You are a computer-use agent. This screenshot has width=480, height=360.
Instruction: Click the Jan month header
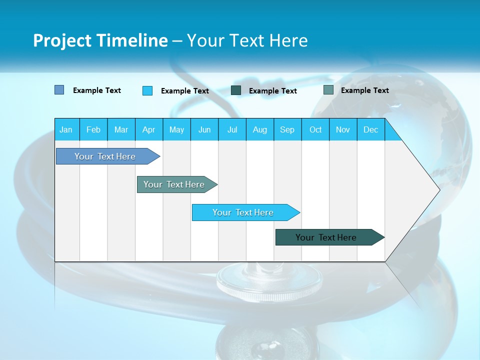click(x=66, y=129)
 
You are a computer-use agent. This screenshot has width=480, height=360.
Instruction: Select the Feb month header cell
click(x=93, y=129)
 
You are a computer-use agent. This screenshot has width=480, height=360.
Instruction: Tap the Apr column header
click(x=149, y=129)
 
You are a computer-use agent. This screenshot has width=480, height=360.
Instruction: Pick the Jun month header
click(x=204, y=129)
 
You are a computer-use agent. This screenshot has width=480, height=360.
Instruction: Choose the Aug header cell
click(x=260, y=129)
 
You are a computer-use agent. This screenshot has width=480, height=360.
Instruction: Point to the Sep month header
click(x=287, y=129)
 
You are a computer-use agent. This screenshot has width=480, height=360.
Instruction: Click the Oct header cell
click(x=315, y=129)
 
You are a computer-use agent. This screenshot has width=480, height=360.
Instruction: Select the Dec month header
click(x=371, y=129)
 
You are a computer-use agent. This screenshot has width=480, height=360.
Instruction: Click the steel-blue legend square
click(x=59, y=90)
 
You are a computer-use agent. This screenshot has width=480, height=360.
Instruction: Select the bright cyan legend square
click(x=147, y=90)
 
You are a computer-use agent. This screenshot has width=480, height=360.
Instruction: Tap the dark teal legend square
click(x=236, y=90)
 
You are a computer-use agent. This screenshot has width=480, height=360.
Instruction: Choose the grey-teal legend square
click(x=328, y=90)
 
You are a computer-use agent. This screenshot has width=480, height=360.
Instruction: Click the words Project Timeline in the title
click(x=100, y=40)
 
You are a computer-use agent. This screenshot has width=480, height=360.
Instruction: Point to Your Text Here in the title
click(x=247, y=40)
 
